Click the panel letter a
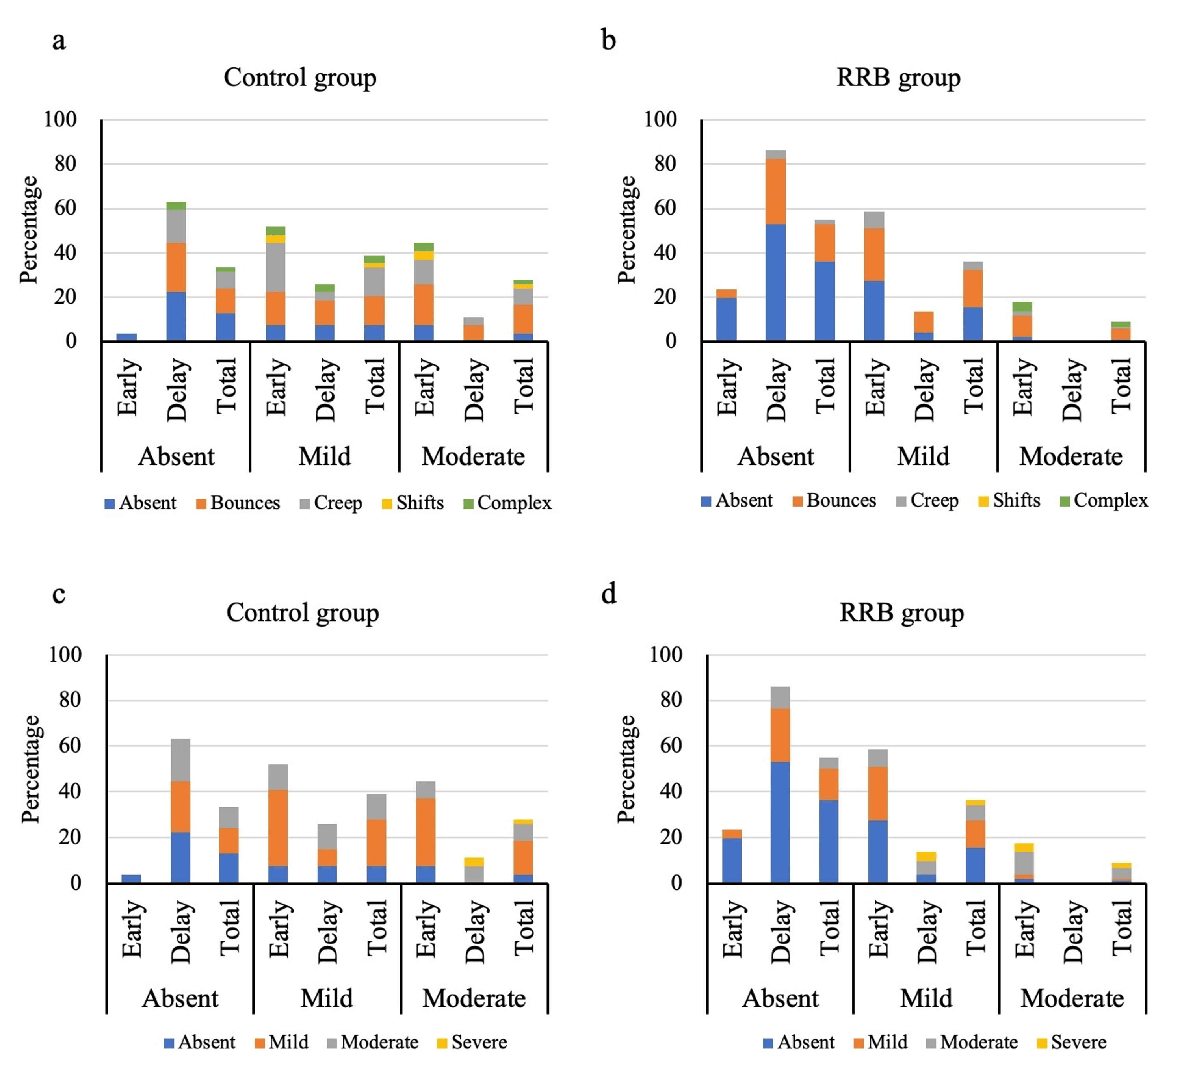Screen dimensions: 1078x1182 [59, 41]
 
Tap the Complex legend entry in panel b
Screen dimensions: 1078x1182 [1104, 501]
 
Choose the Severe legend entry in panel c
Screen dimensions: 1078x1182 [472, 1042]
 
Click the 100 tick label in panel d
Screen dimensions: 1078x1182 [665, 654]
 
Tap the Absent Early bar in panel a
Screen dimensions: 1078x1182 [126, 337]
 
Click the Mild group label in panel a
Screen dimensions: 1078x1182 [324, 456]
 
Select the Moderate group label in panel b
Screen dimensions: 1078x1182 [1070, 456]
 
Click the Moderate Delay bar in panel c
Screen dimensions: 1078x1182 [474, 870]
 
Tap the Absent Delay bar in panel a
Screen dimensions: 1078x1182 [176, 273]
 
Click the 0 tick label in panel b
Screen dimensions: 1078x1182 [671, 341]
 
